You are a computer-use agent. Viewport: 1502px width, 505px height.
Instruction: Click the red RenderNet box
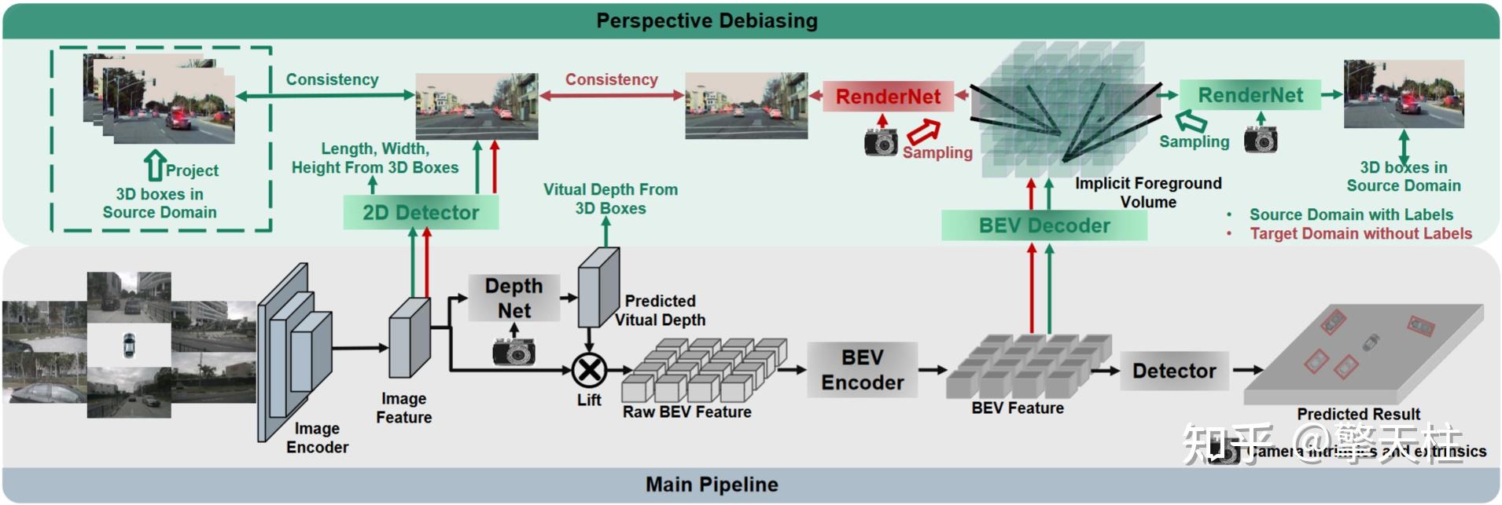[888, 97]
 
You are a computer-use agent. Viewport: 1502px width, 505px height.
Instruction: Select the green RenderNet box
[1250, 95]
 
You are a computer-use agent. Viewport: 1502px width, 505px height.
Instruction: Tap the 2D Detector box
[421, 213]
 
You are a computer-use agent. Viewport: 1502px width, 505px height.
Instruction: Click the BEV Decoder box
[1044, 225]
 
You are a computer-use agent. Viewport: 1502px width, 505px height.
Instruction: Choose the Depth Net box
[514, 298]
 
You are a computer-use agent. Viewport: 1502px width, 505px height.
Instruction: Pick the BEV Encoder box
[863, 370]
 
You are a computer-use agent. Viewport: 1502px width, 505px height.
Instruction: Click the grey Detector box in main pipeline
[1174, 371]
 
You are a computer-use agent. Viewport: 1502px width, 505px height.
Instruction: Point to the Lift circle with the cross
[588, 369]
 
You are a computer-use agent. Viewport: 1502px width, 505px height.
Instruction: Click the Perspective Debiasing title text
[707, 20]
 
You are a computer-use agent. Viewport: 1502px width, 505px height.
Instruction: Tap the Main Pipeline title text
[712, 485]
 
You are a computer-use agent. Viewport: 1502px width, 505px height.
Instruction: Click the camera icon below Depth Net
[514, 350]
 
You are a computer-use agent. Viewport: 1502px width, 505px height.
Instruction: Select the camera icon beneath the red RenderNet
[881, 141]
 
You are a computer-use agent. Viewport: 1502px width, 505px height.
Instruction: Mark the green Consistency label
[332, 79]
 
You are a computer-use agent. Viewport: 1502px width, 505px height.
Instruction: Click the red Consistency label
[611, 79]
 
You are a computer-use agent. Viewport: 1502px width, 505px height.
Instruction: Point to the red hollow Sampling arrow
[924, 131]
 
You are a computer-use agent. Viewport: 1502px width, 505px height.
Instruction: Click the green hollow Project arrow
[155, 166]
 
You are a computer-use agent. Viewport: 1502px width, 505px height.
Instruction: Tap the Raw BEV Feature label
[687, 412]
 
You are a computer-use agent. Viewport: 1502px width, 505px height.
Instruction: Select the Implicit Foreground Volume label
[1148, 192]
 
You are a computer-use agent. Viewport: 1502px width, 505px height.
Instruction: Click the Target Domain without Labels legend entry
[1360, 233]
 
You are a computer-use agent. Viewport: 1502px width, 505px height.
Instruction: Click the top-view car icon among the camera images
[129, 346]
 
